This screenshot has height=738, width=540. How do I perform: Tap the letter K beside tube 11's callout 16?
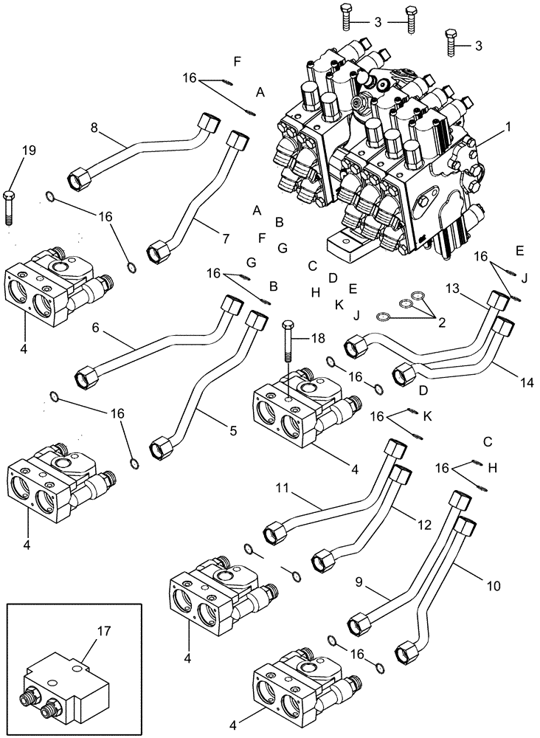click(x=428, y=416)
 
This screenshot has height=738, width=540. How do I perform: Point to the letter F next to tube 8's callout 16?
click(x=237, y=61)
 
